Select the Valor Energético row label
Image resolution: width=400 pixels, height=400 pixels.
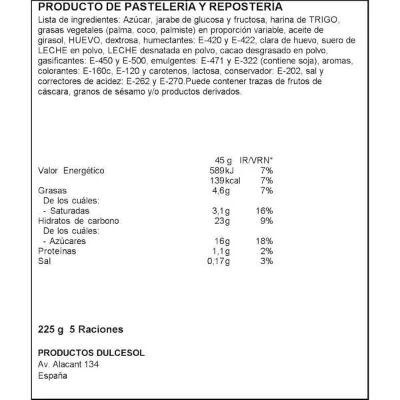pyautogui.click(x=71, y=171)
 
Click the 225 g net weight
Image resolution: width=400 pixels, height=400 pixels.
pyautogui.click(x=50, y=329)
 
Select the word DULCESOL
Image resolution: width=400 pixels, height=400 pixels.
pyautogui.click(x=118, y=353)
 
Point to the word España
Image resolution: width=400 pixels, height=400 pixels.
pyautogui.click(x=52, y=375)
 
